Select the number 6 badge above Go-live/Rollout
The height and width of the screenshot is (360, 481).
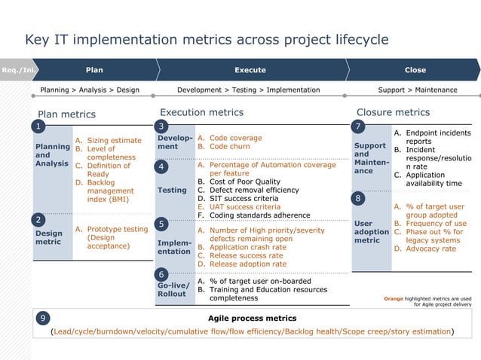(161, 274)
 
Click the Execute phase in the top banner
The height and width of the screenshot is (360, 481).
(250, 70)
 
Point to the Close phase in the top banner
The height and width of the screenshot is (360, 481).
(415, 70)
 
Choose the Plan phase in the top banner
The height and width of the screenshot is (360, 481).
(94, 70)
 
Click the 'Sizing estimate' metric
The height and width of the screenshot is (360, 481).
(114, 140)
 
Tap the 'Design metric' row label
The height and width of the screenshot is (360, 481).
(50, 238)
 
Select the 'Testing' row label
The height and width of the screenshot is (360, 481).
(171, 191)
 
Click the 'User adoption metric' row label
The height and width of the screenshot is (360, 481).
(371, 232)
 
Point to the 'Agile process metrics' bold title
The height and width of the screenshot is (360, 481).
(252, 319)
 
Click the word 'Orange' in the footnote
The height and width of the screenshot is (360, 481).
(394, 298)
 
